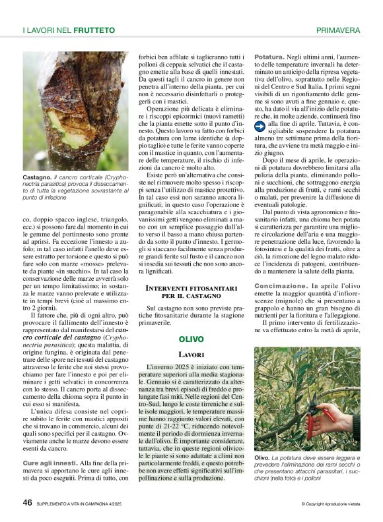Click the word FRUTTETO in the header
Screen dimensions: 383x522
pos(94,30)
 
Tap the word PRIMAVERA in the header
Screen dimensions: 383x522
pos(338,30)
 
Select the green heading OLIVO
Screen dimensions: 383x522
pos(191,339)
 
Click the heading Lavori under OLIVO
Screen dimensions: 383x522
pos(191,355)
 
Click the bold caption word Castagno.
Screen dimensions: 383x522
pos(37,177)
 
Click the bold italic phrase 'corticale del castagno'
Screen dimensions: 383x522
pos(61,338)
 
